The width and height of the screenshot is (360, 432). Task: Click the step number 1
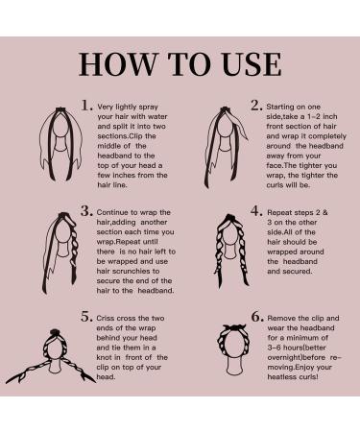86,106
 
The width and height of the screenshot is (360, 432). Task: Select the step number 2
256,106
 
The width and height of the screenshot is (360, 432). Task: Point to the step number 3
86,211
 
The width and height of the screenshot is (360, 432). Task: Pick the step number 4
256,211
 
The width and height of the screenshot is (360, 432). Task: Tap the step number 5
86,317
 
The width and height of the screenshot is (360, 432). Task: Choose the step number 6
257,317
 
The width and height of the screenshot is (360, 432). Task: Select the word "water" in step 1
157,116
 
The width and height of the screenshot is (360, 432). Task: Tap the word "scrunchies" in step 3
128,271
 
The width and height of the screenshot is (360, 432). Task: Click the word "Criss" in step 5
105,319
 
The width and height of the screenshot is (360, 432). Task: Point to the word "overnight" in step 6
285,357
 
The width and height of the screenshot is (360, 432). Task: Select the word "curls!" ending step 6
309,377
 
